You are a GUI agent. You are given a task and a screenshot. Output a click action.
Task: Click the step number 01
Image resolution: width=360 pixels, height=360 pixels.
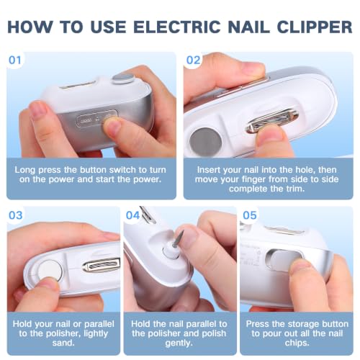coord(15,60)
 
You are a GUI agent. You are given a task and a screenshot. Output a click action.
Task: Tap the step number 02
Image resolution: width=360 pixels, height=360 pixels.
coord(193,60)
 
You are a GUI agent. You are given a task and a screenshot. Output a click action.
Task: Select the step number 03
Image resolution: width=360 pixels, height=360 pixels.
coord(16,215)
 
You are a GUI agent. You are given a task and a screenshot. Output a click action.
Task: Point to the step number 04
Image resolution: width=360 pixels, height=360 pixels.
coord(132,215)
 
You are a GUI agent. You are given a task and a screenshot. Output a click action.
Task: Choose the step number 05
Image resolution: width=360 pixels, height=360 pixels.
coord(250,215)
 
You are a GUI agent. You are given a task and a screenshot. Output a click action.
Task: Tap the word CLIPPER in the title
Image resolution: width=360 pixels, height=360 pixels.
coord(315,27)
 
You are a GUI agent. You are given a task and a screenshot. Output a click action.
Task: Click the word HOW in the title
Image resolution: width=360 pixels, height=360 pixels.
coord(30,27)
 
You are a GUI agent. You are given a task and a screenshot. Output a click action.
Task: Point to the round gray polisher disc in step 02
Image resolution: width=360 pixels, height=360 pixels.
coord(205,142)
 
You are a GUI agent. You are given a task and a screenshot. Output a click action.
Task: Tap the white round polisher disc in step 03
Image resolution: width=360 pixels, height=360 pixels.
coord(50,270)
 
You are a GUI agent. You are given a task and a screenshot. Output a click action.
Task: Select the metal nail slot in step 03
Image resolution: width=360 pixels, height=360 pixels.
coord(101,266)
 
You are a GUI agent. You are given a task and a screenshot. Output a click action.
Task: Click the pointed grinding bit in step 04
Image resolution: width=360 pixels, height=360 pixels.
coord(179,239)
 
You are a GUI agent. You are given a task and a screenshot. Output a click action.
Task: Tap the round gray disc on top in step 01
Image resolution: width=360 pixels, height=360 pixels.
coord(122,78)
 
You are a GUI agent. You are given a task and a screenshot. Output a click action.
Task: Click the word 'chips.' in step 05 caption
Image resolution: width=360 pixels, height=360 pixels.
coord(297,343)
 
